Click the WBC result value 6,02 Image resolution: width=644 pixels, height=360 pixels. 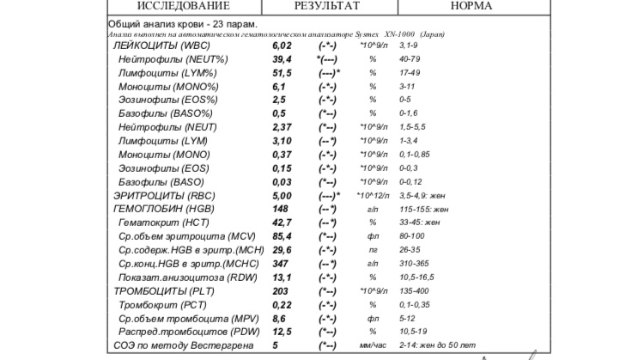[x=283, y=45]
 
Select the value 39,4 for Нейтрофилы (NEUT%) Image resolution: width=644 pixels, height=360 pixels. [x=283, y=58]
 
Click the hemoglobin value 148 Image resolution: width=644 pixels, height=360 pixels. [x=280, y=209]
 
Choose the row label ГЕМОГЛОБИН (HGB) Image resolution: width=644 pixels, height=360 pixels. [x=164, y=209]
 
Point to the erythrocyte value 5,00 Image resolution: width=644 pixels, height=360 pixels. [x=283, y=195]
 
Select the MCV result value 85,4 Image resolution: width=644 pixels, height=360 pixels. [x=283, y=236]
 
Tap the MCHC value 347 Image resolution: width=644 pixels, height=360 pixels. [x=280, y=264]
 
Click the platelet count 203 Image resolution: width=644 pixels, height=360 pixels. [x=280, y=290]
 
